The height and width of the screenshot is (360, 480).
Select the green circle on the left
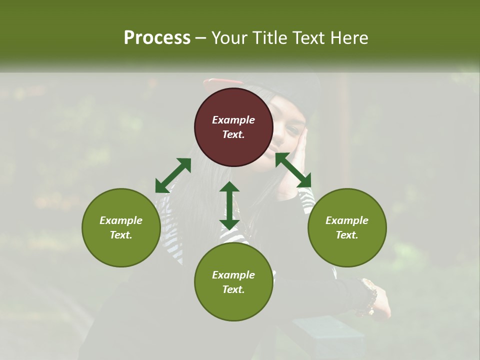pos(121,227)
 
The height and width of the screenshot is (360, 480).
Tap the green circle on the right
pos(347,227)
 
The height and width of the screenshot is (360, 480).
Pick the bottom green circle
pos(233,282)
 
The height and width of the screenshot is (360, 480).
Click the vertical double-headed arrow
pos(229,205)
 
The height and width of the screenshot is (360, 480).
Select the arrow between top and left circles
pos(173,175)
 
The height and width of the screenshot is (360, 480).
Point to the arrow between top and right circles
pos(293,170)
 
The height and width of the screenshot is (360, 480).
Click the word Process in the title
pos(157,37)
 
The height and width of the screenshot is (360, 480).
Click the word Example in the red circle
pos(233,120)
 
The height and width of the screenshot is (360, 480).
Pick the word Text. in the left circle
pos(121,235)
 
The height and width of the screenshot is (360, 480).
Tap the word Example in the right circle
pos(347,220)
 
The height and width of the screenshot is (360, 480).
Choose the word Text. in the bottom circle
pos(233,289)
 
